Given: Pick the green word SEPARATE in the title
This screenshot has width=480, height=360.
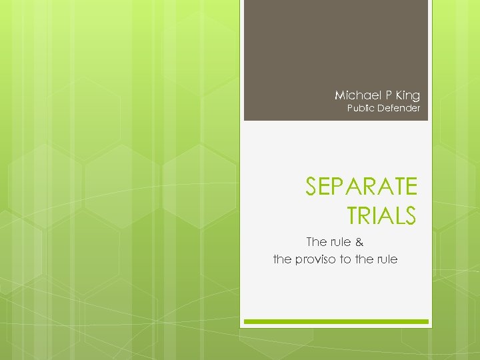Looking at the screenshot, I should tap(361, 187).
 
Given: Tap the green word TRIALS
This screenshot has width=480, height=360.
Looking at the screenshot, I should tap(382, 215).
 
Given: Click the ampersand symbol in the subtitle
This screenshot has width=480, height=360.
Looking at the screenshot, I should tap(359, 241).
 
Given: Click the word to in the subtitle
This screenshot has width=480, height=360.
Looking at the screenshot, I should tap(345, 259).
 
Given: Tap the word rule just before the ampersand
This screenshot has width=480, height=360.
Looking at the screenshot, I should tap(340, 241).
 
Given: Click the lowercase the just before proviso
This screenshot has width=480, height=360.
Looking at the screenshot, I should tap(283, 259).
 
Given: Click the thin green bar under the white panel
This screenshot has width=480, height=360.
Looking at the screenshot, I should tap(336, 321).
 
